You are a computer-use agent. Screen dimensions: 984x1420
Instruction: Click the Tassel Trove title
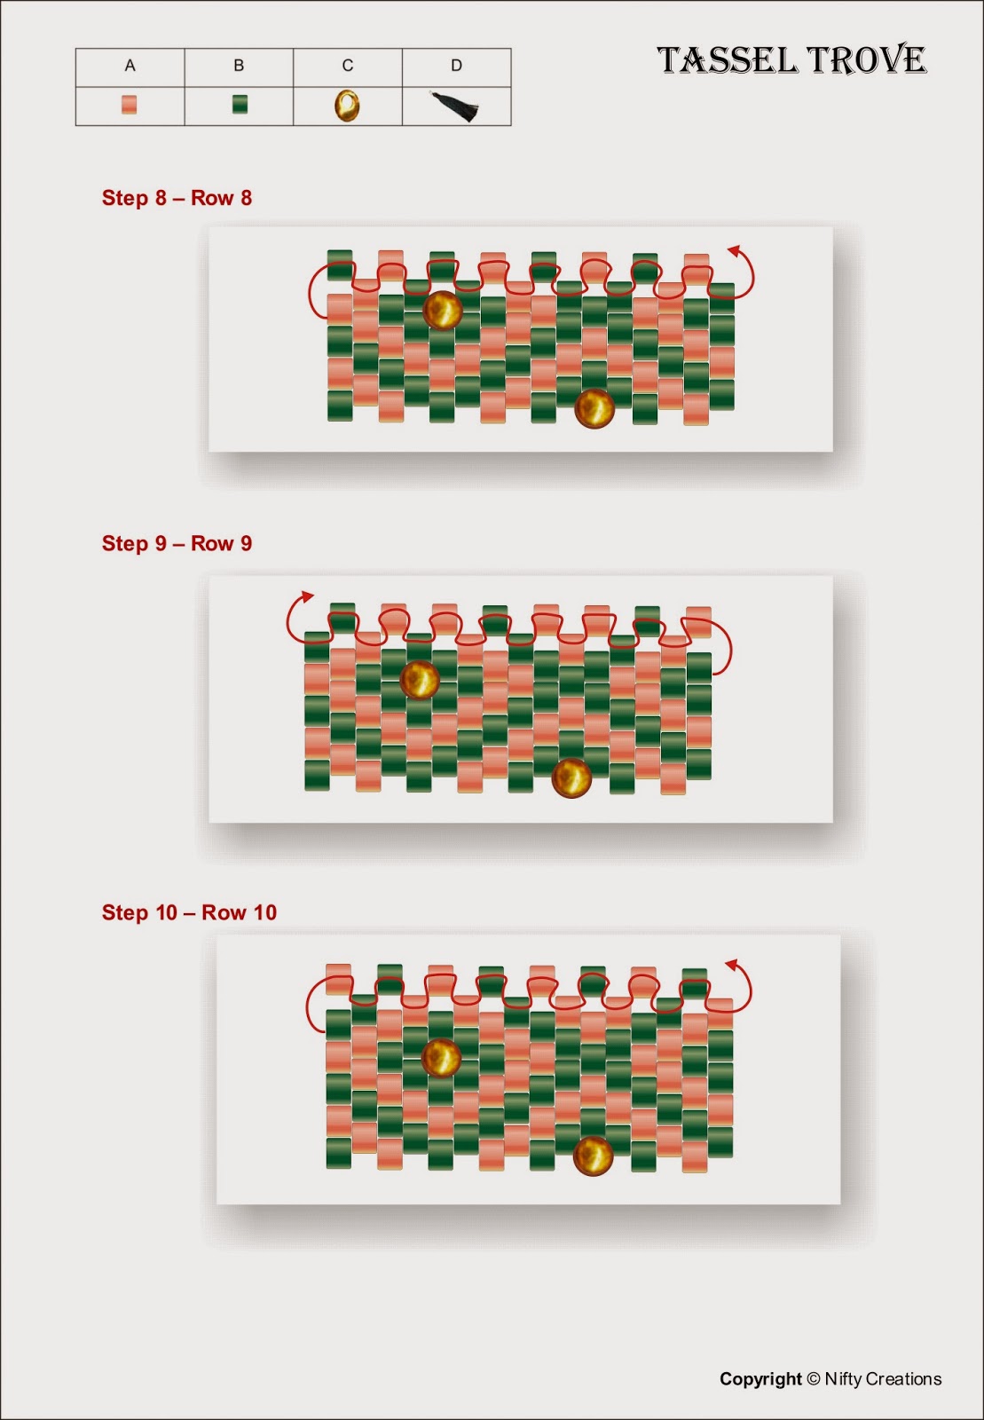pos(792,60)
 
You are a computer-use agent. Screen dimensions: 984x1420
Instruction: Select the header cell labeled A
pos(130,67)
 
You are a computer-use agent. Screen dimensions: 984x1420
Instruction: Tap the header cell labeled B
pos(239,67)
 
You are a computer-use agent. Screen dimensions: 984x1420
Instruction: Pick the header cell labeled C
pos(348,67)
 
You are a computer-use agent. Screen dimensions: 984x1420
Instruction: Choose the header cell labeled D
pos(457,67)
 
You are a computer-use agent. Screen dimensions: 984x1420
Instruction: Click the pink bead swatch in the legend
pos(130,105)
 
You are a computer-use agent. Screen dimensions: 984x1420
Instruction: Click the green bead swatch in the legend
pos(240,105)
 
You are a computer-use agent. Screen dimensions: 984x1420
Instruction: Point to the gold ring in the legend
pos(347,106)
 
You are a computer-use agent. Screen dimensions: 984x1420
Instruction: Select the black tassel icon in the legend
pos(455,106)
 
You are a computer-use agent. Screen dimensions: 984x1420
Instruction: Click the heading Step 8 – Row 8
pos(177,198)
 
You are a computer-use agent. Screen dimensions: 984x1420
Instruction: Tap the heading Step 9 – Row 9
pos(177,543)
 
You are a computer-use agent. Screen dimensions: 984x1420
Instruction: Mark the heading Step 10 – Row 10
pos(190,912)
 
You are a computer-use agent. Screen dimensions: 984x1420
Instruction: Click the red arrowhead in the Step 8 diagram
pos(735,251)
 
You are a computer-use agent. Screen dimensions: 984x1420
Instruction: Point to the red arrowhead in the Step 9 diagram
pos(307,596)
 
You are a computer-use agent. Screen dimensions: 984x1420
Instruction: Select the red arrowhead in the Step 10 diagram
pos(733,964)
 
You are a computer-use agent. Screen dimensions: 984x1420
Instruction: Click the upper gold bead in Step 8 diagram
pos(442,311)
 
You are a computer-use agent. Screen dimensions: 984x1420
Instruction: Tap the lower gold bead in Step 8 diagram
pos(594,408)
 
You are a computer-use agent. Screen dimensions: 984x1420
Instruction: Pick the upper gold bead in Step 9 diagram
pos(420,680)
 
